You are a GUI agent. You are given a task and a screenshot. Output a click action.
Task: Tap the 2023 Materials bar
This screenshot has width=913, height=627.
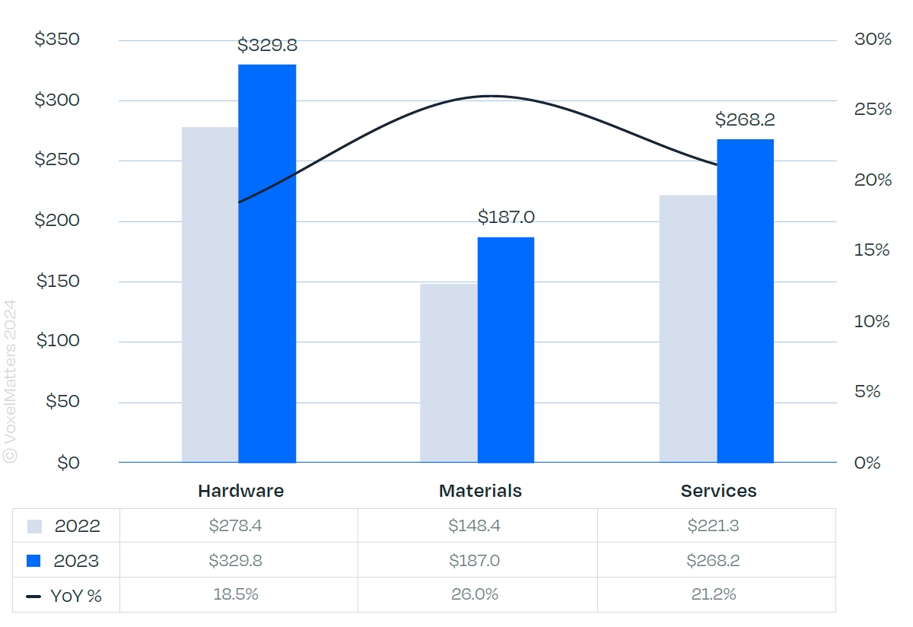click(x=506, y=349)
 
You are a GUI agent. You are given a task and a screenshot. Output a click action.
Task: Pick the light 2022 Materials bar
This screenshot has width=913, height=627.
click(x=449, y=373)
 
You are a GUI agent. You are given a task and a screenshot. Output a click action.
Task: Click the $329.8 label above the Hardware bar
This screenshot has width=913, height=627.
click(x=267, y=45)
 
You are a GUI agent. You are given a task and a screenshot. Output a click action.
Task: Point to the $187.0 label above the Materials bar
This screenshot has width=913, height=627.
click(x=506, y=217)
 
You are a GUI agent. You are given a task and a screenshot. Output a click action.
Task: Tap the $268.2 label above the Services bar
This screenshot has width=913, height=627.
click(x=745, y=119)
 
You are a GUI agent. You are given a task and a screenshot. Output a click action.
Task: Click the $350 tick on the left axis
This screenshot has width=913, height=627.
click(x=57, y=40)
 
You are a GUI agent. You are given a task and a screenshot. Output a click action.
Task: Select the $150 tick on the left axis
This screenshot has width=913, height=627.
click(x=58, y=282)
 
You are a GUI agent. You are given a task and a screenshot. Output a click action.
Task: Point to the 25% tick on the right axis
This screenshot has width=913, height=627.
click(x=872, y=110)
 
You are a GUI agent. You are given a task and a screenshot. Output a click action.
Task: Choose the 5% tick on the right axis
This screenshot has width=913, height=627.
click(x=872, y=392)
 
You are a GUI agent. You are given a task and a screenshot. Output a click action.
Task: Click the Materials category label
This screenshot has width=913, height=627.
click(x=480, y=491)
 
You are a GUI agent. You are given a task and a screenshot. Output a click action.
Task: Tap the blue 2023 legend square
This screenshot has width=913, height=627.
click(x=33, y=561)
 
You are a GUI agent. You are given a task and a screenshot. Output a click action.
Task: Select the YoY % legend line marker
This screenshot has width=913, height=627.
click(x=33, y=597)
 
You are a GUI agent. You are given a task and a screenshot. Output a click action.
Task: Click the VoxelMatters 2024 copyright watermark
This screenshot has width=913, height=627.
click(x=10, y=380)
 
